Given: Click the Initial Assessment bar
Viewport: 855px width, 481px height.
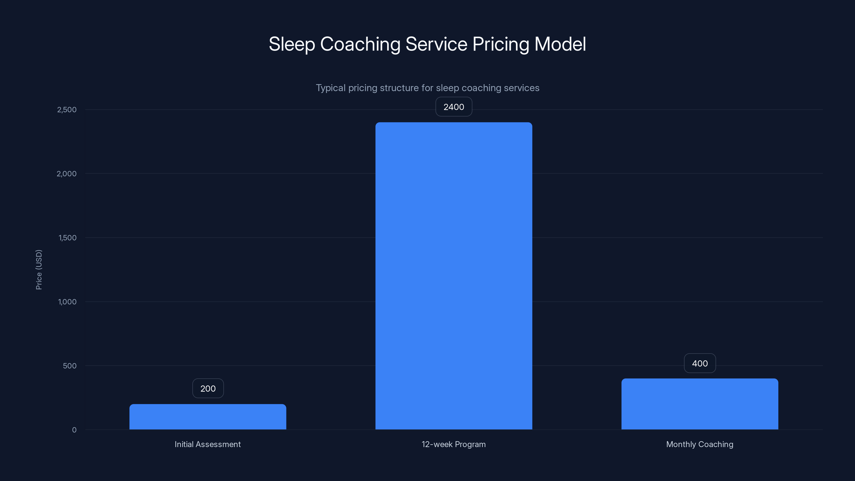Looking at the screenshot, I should (x=208, y=417).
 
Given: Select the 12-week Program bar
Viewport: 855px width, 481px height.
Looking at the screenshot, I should (x=454, y=276).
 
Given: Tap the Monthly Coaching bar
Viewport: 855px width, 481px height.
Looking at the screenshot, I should (x=700, y=404).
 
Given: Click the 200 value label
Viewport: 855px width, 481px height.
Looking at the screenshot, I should (x=208, y=388).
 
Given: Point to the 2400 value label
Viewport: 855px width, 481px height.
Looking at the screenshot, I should (x=454, y=107).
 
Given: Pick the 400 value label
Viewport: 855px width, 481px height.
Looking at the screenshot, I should (x=700, y=363).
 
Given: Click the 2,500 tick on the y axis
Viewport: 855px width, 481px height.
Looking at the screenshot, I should (x=67, y=110).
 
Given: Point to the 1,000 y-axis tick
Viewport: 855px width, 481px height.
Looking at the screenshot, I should (x=67, y=302).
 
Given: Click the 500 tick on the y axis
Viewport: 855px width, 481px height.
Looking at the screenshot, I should (x=70, y=366).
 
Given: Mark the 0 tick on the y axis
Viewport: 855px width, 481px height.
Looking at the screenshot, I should (x=74, y=430).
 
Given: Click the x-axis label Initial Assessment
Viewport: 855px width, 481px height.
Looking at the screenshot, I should (x=208, y=444).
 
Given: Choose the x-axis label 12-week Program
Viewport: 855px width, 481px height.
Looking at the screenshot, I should (x=454, y=444).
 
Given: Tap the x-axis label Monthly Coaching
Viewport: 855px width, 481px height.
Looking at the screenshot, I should (x=700, y=444).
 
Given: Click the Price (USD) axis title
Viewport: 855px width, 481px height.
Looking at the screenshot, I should (x=39, y=270).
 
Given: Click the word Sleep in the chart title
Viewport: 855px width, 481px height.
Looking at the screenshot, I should (x=292, y=44).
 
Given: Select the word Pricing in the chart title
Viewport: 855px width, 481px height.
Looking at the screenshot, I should (x=500, y=44).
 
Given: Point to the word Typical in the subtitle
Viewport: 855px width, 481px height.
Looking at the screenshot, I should (x=330, y=88).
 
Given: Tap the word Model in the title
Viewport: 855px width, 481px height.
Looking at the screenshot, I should (x=560, y=44).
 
